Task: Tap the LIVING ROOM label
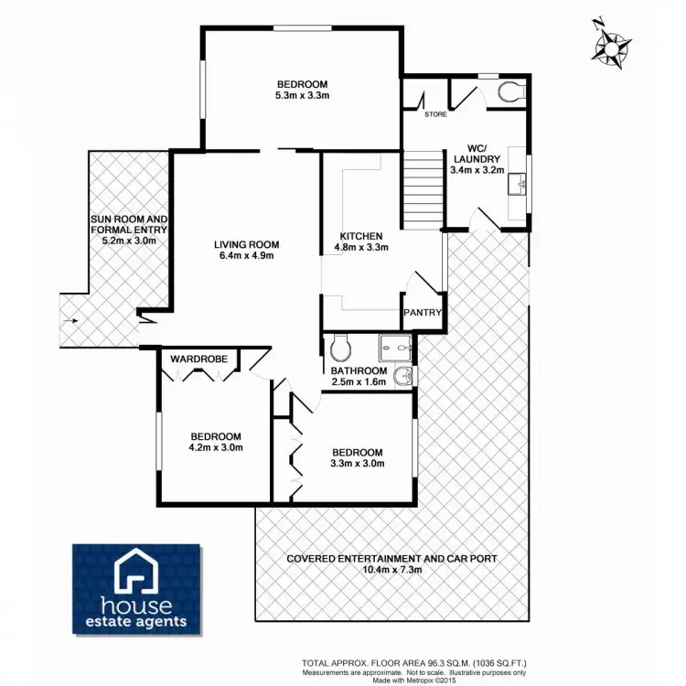[x=246, y=244]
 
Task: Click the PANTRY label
[x=423, y=314]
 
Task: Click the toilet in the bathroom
[x=339, y=347]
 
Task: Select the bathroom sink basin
[x=403, y=375]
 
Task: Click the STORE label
[x=434, y=115]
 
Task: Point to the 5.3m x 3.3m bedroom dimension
[x=302, y=94]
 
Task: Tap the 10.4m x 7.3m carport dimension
[x=392, y=569]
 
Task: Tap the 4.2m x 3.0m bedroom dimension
[x=216, y=448]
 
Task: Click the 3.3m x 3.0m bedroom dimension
[x=357, y=464]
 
